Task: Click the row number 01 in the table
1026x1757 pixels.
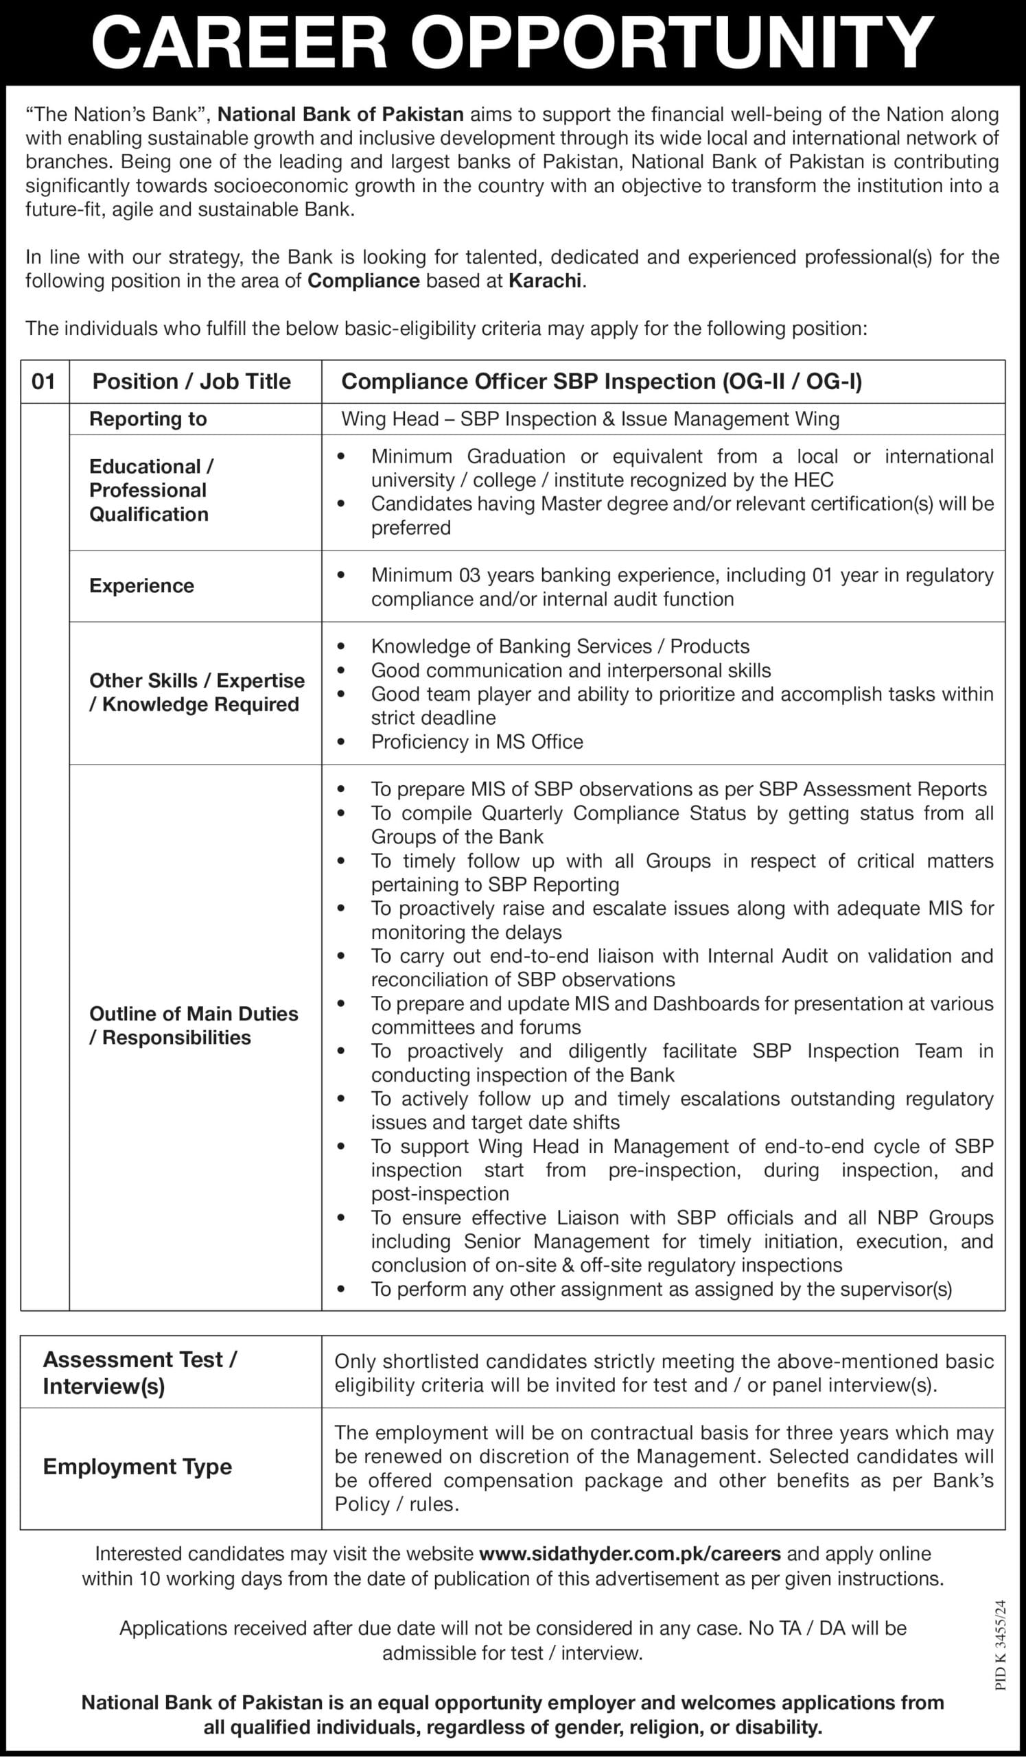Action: point(43,382)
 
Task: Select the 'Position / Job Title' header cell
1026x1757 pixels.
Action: point(191,382)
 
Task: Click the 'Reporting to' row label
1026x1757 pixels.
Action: point(148,419)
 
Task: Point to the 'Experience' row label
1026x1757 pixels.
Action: point(141,585)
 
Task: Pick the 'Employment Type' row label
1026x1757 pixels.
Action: point(137,1466)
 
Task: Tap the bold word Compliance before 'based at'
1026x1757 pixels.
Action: point(364,281)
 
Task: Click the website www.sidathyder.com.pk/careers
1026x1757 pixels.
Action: point(629,1553)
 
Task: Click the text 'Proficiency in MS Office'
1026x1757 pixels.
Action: point(477,741)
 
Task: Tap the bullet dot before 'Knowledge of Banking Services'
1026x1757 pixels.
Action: point(341,647)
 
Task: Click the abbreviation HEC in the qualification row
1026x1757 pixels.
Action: point(813,480)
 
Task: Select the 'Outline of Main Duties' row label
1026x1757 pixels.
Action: point(194,1013)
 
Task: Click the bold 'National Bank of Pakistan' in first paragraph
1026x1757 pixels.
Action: point(341,114)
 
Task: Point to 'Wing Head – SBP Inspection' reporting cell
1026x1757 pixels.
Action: point(590,419)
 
